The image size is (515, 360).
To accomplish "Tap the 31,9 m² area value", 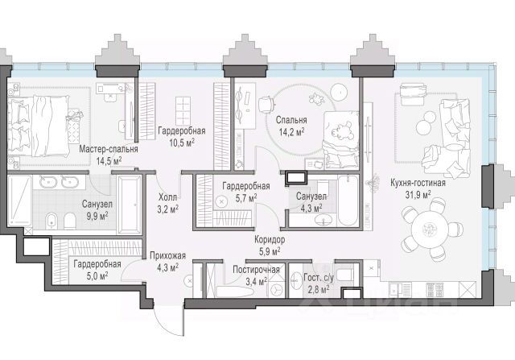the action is [x=418, y=194].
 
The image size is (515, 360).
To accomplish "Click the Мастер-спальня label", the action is [x=109, y=149].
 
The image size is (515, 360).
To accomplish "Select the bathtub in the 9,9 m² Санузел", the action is [x=129, y=204].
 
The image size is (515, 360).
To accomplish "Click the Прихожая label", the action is [x=164, y=259].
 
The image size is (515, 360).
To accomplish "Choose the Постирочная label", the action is [x=256, y=269].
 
